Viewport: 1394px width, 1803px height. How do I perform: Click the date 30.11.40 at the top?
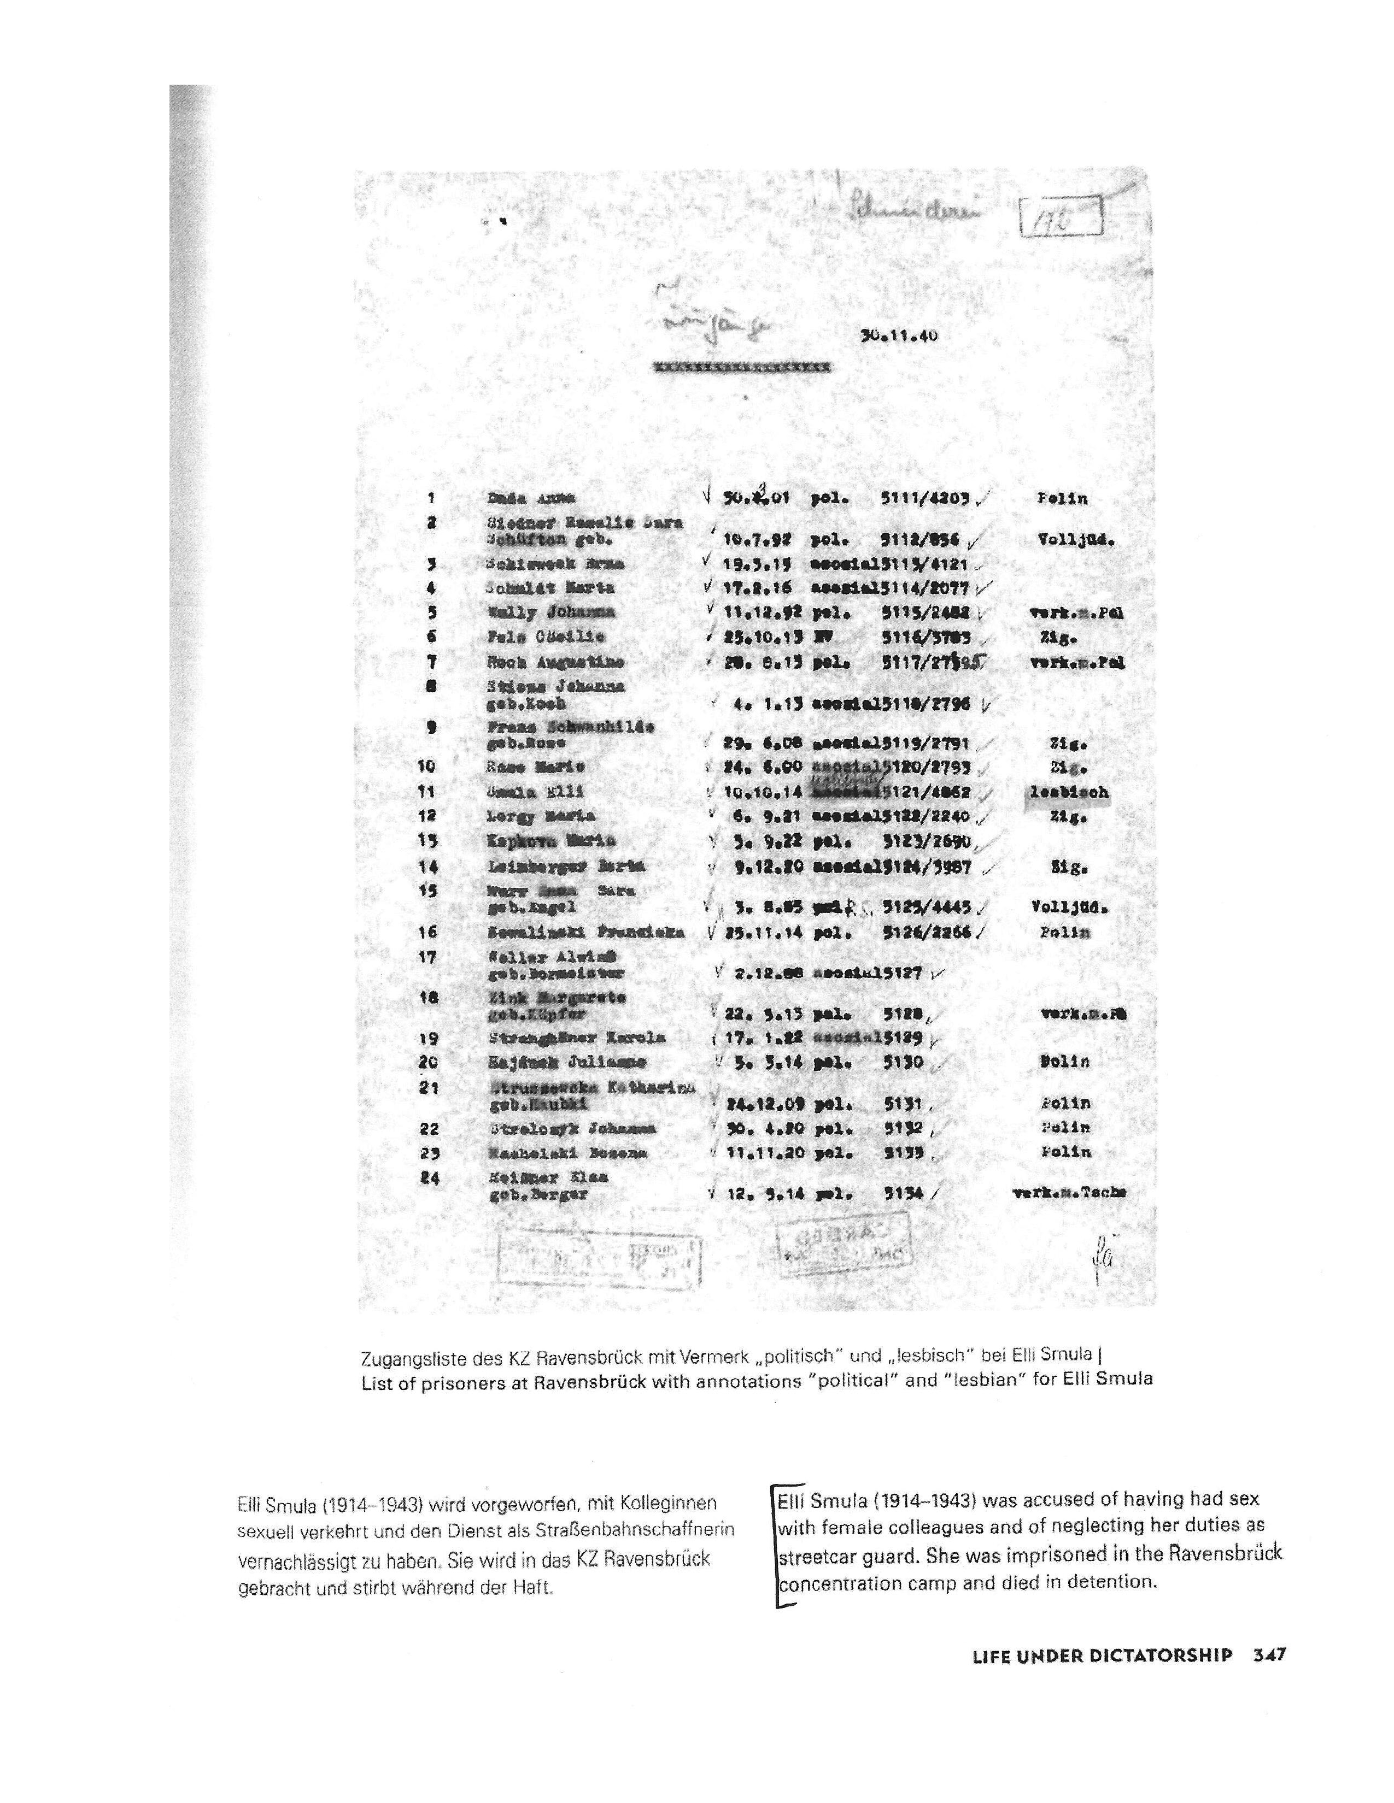point(899,336)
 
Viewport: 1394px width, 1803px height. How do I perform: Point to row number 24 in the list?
point(429,1178)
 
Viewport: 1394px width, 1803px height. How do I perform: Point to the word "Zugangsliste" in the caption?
point(406,1357)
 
